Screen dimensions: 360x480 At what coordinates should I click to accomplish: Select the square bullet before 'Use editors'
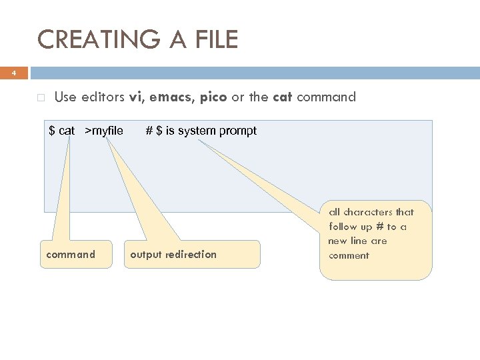pos(41,97)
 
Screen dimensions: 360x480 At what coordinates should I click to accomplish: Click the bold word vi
pos(137,97)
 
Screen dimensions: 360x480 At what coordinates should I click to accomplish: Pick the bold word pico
pos(213,97)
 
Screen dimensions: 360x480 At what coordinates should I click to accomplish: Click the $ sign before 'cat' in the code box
pos(52,131)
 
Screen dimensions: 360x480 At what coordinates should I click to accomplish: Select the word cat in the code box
pos(67,131)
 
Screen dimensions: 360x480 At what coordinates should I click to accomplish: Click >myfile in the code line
pos(104,131)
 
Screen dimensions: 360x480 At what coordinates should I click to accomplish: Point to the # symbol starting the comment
pos(149,131)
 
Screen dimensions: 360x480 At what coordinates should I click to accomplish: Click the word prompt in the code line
pos(236,131)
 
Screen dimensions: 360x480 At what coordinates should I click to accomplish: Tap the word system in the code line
pos(195,131)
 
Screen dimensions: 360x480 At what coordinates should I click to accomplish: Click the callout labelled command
pos(70,254)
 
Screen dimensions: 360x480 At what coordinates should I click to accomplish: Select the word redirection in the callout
pos(190,254)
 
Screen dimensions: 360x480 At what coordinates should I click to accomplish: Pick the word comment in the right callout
pos(349,255)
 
